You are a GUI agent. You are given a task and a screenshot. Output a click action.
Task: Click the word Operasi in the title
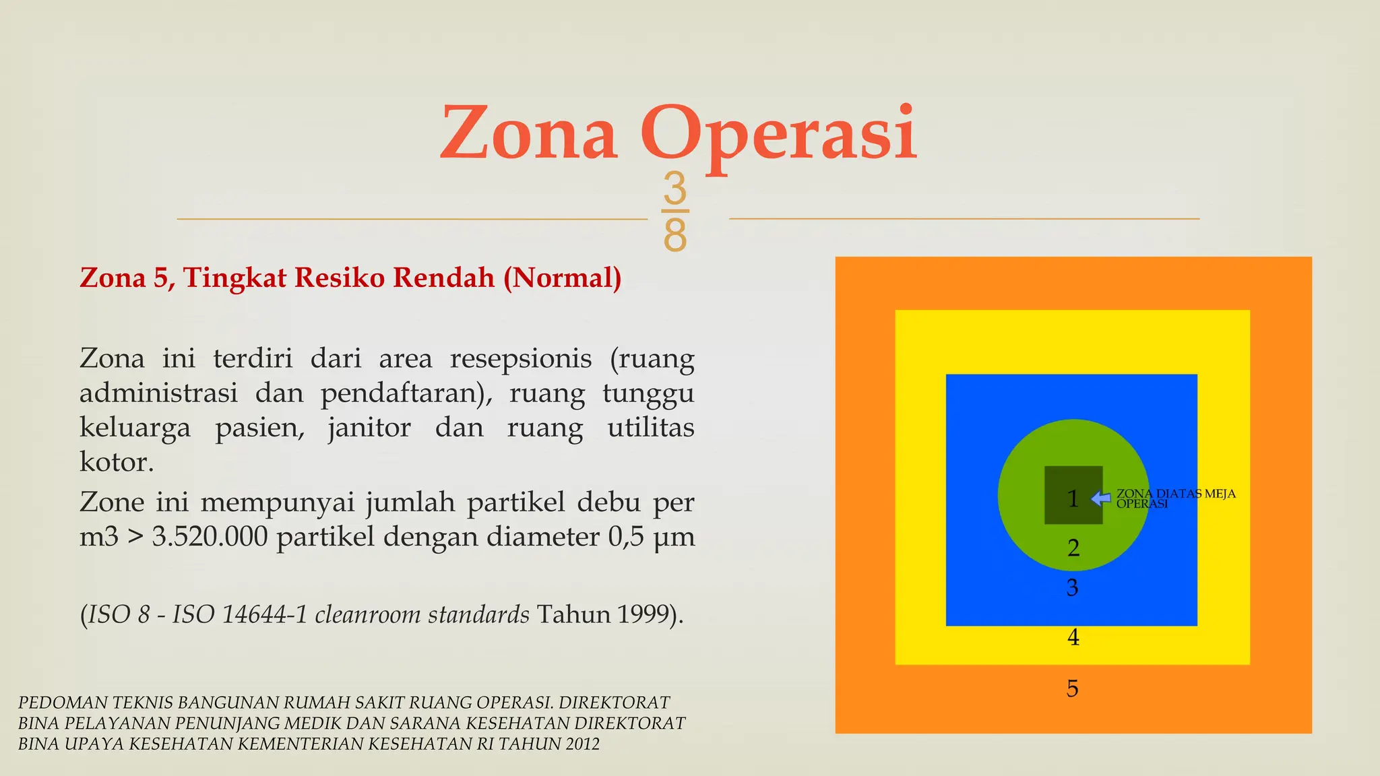[x=778, y=135]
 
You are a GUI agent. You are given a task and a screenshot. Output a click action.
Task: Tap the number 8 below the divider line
[x=675, y=234]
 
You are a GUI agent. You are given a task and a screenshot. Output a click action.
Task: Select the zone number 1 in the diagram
[x=1073, y=499]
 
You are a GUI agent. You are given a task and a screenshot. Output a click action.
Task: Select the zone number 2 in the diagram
[x=1073, y=548]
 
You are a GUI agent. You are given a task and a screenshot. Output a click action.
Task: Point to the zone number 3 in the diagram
[x=1072, y=588]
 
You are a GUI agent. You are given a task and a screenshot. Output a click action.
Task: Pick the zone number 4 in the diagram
[x=1073, y=637]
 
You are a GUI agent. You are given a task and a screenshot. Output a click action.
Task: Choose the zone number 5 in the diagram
[x=1072, y=688]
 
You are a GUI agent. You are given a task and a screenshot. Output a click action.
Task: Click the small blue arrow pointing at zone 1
[x=1101, y=498]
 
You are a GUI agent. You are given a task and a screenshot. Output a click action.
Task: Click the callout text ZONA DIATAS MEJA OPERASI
[x=1175, y=498]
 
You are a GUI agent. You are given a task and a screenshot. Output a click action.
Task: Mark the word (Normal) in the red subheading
[x=563, y=278]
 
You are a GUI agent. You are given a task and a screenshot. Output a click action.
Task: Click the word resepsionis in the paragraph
[x=521, y=358]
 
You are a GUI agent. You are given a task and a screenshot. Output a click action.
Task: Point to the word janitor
[x=369, y=428]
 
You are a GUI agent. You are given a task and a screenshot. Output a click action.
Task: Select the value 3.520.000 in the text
[x=210, y=537]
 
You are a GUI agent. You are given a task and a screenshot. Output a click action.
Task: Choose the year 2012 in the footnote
[x=582, y=744]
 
